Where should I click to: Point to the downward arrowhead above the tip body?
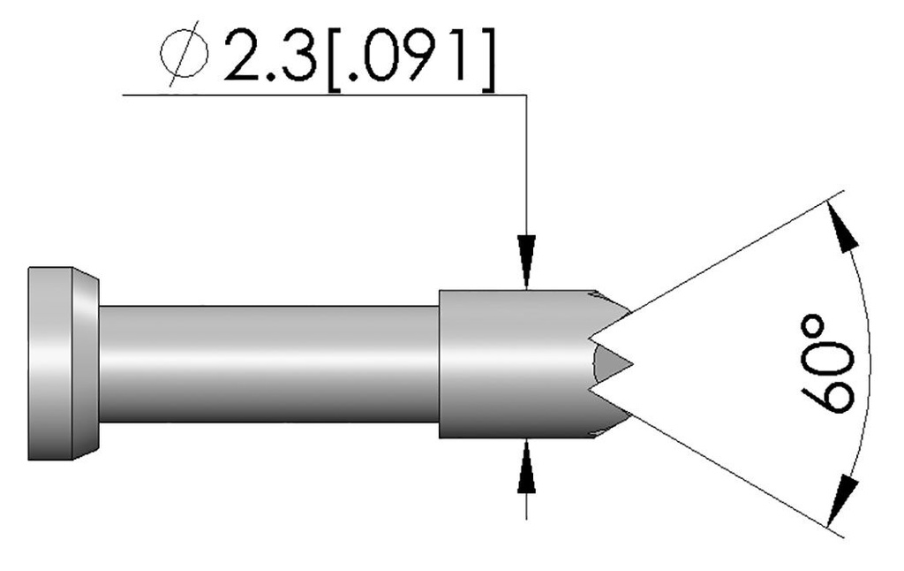point(526,262)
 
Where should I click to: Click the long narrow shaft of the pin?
point(265,363)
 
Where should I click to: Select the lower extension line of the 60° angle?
point(733,468)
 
